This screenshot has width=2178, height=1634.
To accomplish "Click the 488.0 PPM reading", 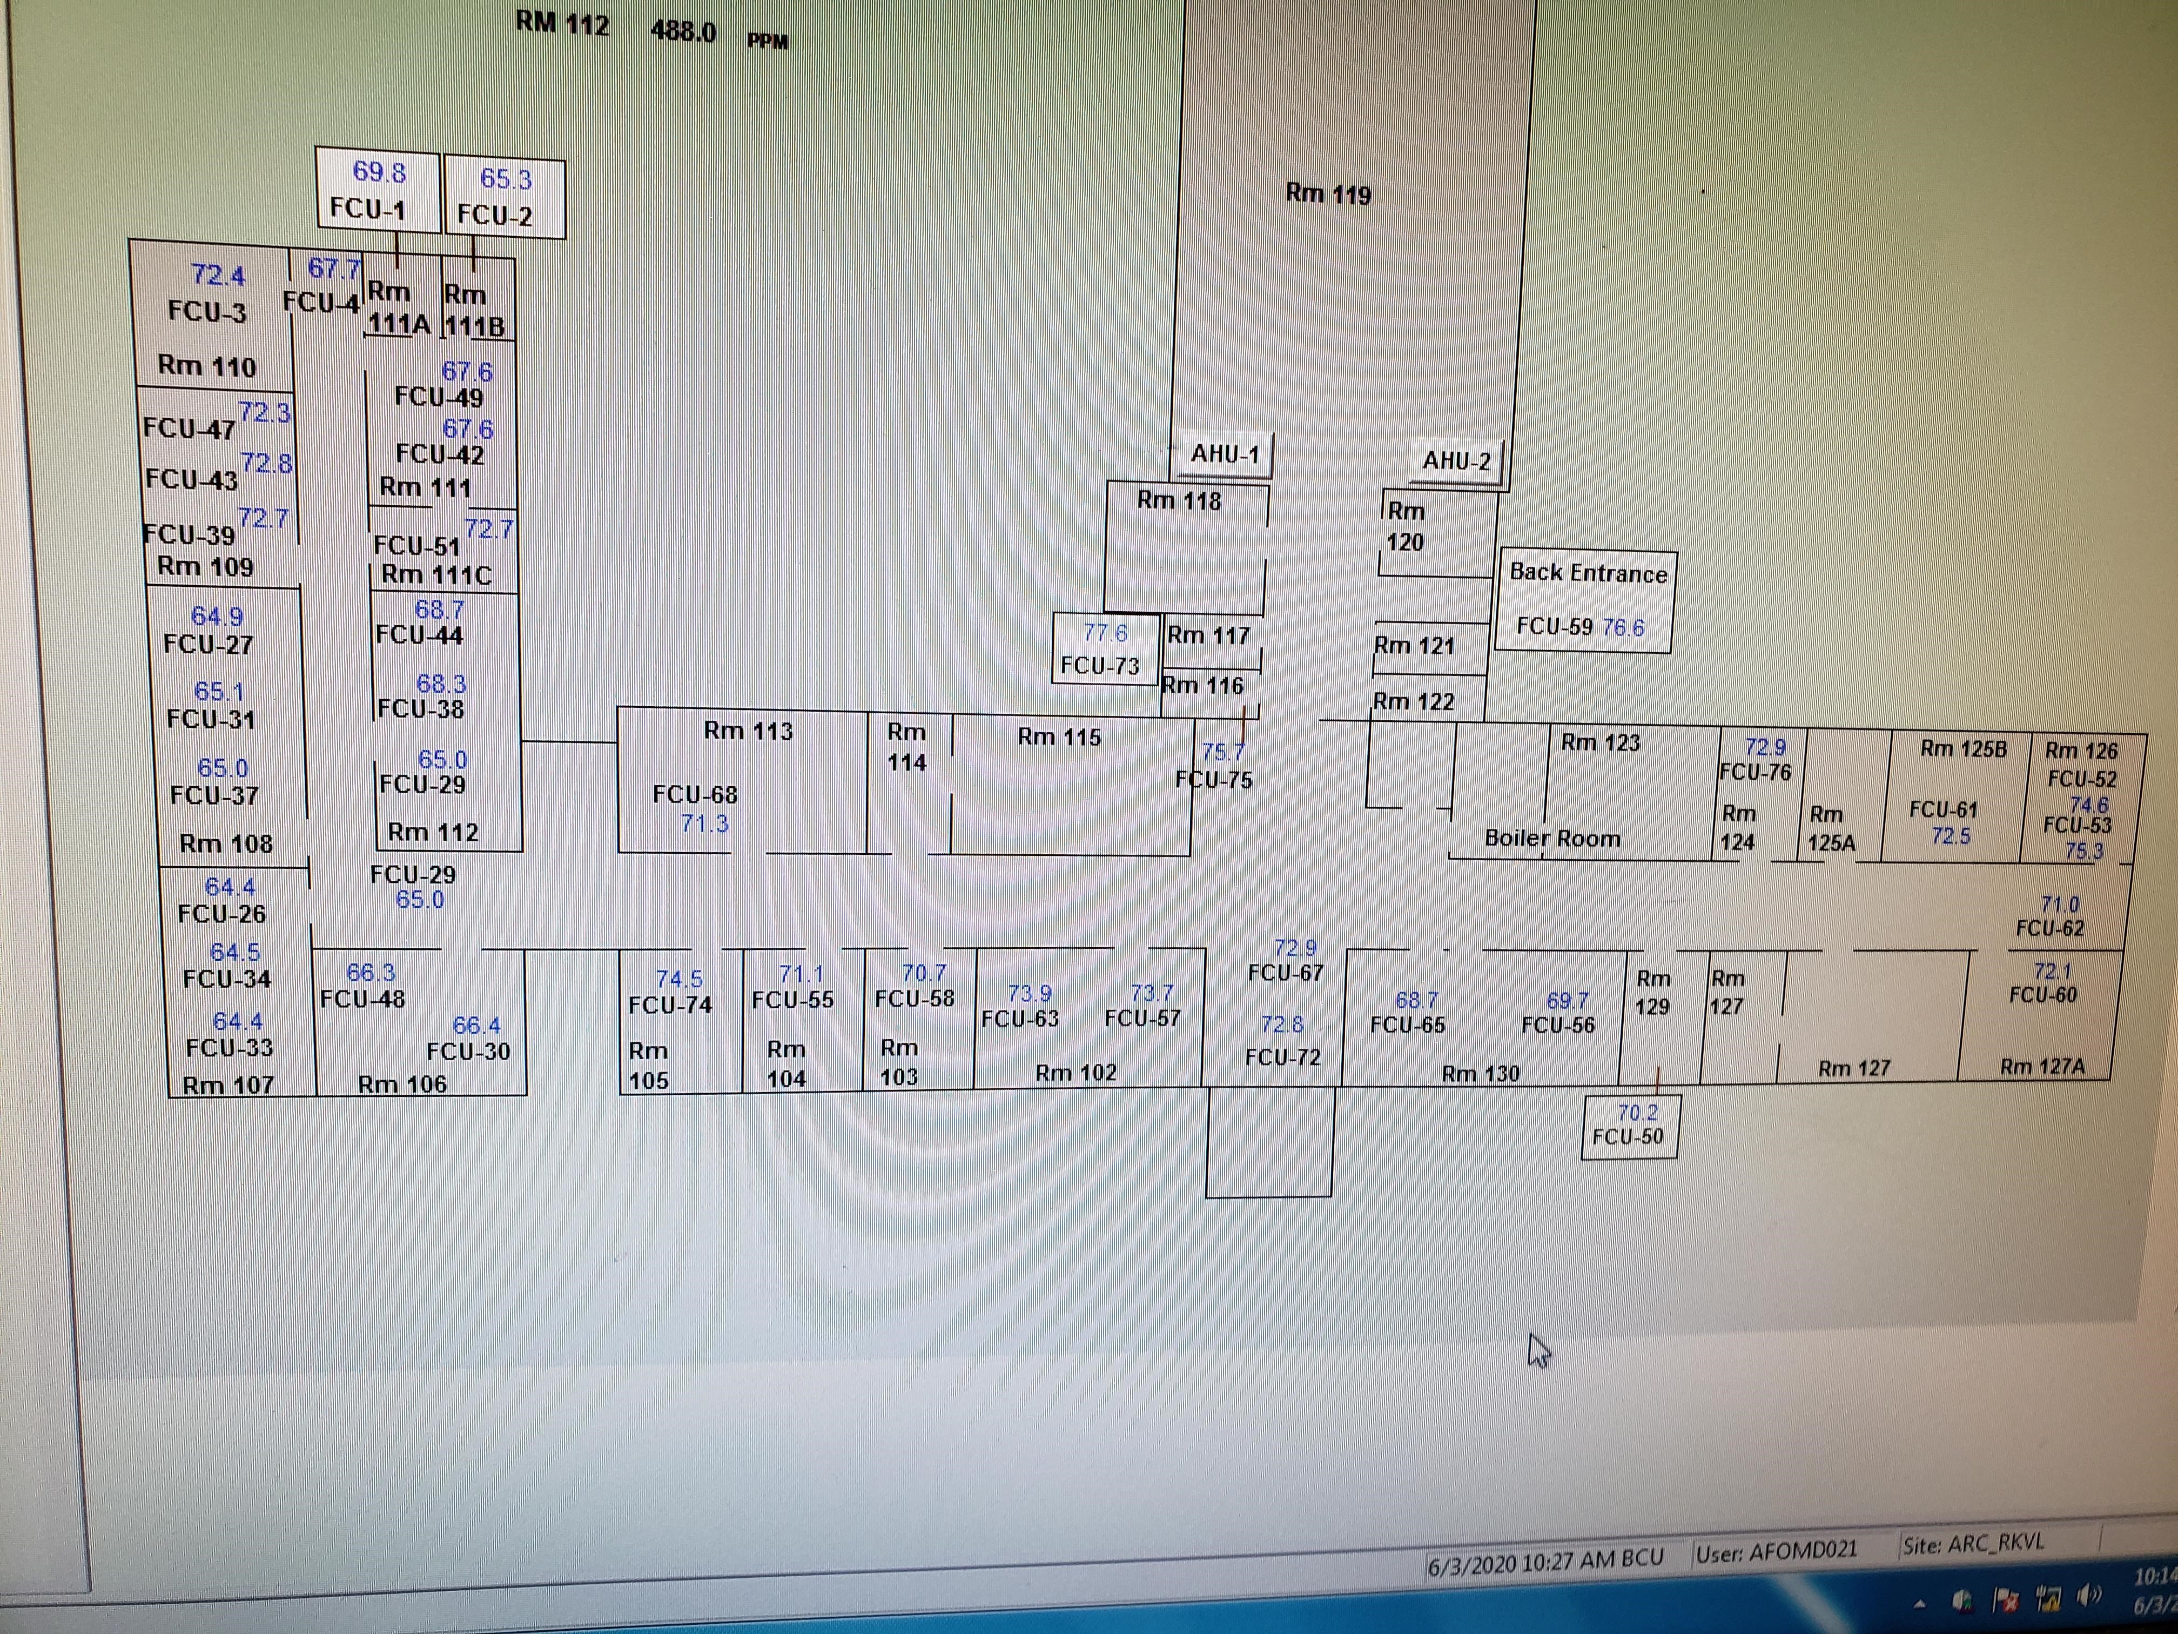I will (x=683, y=31).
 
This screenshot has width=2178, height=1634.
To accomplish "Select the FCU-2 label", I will (x=494, y=215).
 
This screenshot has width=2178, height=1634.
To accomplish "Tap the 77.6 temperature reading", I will (x=1105, y=632).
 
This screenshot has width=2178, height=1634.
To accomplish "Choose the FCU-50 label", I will (x=1628, y=1136).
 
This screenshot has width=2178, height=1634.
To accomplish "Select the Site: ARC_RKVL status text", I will (x=1972, y=1543).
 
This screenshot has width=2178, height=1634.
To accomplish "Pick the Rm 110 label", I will (x=207, y=366).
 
